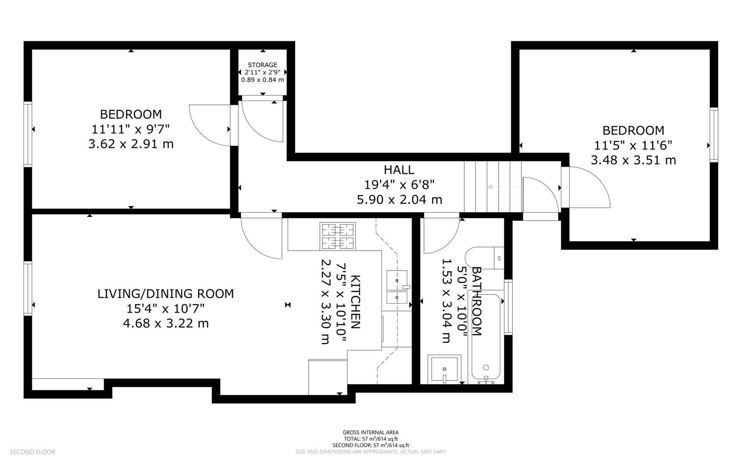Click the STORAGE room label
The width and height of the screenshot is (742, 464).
click(262, 65)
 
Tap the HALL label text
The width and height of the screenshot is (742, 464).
click(399, 170)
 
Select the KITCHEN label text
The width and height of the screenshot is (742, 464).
click(355, 302)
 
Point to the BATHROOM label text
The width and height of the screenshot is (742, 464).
click(476, 301)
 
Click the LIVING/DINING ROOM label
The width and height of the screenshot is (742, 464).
click(166, 294)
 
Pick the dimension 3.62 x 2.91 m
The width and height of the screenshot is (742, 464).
click(131, 143)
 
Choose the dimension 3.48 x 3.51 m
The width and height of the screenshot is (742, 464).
click(633, 160)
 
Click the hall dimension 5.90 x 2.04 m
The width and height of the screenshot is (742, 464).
click(400, 199)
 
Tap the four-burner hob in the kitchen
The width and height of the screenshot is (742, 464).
click(338, 236)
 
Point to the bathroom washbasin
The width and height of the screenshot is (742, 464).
click(445, 369)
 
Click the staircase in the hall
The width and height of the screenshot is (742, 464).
click(493, 187)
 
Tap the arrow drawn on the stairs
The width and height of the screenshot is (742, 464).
click(504, 187)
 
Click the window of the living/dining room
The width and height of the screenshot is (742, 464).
click(28, 288)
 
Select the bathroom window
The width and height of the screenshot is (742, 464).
click(508, 307)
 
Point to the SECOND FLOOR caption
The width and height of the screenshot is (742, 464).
click(33, 452)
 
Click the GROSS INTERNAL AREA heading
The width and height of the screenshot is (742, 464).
click(371, 433)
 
